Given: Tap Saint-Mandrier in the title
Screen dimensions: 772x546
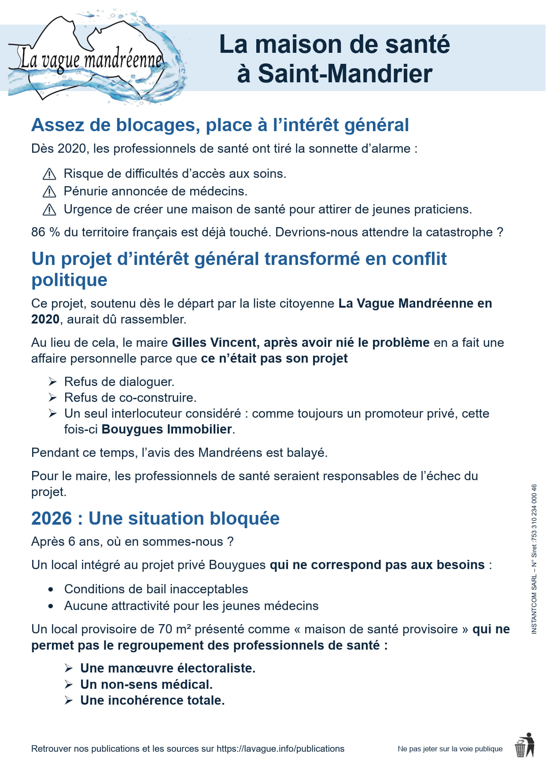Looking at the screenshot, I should [x=335, y=74].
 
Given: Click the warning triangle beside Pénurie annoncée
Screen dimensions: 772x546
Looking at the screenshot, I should [x=49, y=192].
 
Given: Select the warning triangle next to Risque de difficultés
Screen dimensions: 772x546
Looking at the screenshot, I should [x=49, y=174].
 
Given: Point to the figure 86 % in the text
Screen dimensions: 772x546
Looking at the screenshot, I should [x=45, y=232].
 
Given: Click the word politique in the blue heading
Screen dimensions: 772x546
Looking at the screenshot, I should [x=69, y=280].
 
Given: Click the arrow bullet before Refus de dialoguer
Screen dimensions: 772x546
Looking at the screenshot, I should [x=53, y=382].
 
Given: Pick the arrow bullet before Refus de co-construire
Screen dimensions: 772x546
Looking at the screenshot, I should [x=53, y=397].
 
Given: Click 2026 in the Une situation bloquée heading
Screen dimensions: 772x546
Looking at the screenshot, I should [x=51, y=518].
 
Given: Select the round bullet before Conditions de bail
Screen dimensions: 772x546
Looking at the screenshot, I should [x=51, y=589].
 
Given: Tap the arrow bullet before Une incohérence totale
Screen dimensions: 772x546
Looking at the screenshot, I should [x=69, y=700].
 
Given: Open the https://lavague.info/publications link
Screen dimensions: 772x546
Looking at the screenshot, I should [x=280, y=749].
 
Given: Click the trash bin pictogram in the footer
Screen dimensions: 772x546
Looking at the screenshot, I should [x=524, y=745].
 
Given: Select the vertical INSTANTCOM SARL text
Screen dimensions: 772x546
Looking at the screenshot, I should [x=534, y=559].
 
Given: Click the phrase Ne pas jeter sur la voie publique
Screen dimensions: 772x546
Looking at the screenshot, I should [x=450, y=749].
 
